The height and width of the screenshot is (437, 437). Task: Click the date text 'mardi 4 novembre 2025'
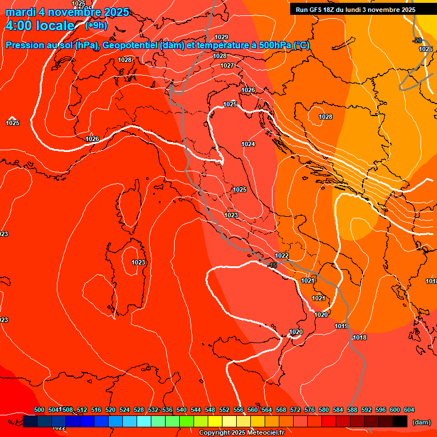(x=67, y=12)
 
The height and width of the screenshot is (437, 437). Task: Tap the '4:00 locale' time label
(x=40, y=26)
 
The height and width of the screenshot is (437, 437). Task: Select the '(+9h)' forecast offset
(x=96, y=26)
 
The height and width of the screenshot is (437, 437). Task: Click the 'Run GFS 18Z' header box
(x=356, y=10)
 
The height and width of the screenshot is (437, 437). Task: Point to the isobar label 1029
(x=221, y=37)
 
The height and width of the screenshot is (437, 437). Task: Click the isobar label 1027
(x=227, y=65)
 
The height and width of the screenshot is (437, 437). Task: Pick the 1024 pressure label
(x=248, y=144)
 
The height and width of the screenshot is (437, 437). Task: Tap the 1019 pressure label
(x=341, y=326)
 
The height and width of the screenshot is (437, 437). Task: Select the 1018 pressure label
(x=360, y=337)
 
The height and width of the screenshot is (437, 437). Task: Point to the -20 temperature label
(x=418, y=40)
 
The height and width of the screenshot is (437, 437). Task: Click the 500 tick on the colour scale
(x=39, y=410)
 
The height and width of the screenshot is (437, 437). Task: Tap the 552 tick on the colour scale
(x=224, y=410)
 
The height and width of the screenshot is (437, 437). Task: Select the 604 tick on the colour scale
(x=409, y=410)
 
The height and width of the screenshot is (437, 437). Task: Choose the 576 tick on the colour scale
(x=310, y=410)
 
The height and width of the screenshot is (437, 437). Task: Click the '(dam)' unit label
(x=421, y=422)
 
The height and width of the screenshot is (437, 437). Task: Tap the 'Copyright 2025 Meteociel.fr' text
(x=241, y=433)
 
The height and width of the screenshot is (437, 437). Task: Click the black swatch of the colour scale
(x=400, y=421)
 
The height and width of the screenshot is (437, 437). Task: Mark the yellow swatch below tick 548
(x=215, y=421)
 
